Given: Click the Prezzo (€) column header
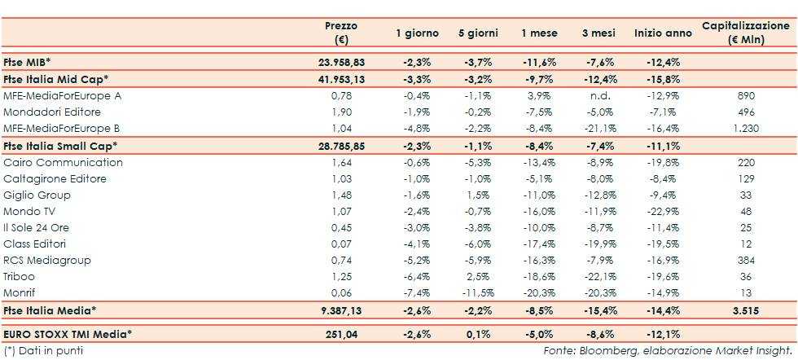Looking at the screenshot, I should pyautogui.click(x=340, y=33).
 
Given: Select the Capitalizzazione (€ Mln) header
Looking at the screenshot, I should pyautogui.click(x=745, y=33).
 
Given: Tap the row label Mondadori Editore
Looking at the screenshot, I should pyautogui.click(x=41, y=112).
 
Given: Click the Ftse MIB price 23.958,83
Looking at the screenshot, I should pyautogui.click(x=340, y=62).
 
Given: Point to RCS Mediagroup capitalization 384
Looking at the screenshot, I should pyautogui.click(x=746, y=260).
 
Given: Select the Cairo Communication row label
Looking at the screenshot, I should pyautogui.click(x=63, y=162).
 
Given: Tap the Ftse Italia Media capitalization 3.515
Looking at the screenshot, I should pyautogui.click(x=746, y=310).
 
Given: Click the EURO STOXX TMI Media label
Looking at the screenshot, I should pyautogui.click(x=68, y=333).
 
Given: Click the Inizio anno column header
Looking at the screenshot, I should pyautogui.click(x=663, y=33).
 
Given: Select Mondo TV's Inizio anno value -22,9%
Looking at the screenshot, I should pyautogui.click(x=663, y=211).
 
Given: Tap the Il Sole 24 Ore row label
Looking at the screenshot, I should pyautogui.click(x=37, y=227).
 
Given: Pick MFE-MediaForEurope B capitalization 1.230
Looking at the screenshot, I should pyautogui.click(x=746, y=128).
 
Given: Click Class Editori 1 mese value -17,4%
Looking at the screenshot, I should pyautogui.click(x=539, y=244).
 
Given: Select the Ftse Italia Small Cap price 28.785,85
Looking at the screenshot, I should pyautogui.click(x=340, y=145).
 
